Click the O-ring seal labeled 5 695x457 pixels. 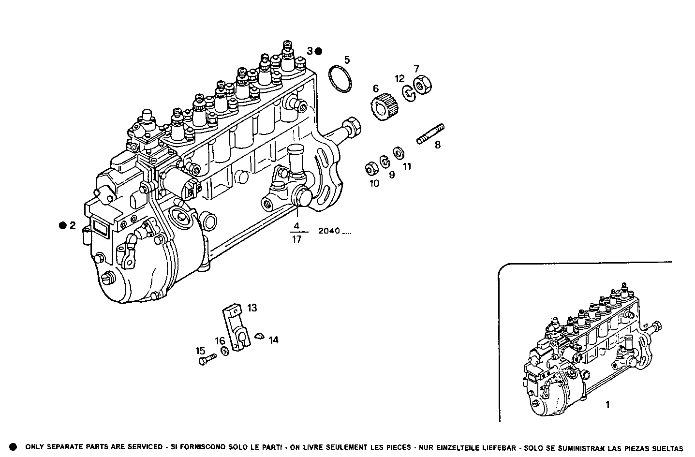point(340,78)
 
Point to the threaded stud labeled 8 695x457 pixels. point(430,133)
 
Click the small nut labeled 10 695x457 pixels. point(371,168)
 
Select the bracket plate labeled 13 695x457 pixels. point(237,329)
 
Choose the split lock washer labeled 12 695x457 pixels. point(410,92)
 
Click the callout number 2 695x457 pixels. point(73,225)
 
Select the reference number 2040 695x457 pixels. point(329,231)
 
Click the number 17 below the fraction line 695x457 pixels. point(296,239)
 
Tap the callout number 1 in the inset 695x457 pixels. point(607,405)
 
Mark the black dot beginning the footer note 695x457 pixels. point(14,447)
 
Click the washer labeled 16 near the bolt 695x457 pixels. point(224,352)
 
